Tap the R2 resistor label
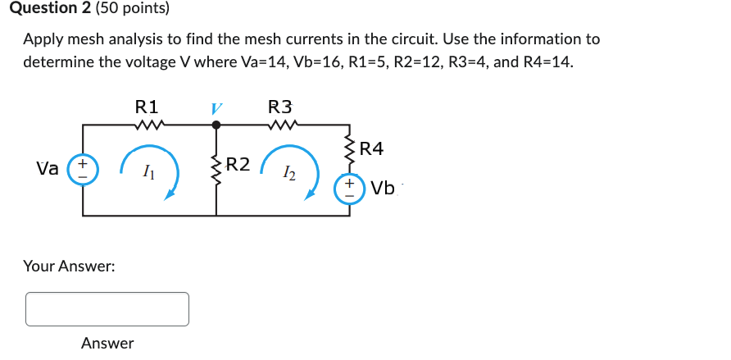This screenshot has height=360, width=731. [238, 163]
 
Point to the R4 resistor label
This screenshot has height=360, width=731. [371, 148]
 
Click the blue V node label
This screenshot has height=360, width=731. [216, 108]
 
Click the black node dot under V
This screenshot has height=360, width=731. [216, 125]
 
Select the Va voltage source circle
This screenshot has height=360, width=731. [83, 170]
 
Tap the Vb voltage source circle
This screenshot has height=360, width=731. [349, 188]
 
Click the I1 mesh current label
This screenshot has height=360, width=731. [147, 172]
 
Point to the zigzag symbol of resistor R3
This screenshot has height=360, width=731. [282, 125]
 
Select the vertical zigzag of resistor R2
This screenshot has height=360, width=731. [216, 166]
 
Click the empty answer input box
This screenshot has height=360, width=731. [107, 309]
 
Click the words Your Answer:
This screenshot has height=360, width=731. [69, 267]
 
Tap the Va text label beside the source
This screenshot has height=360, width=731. [48, 169]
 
